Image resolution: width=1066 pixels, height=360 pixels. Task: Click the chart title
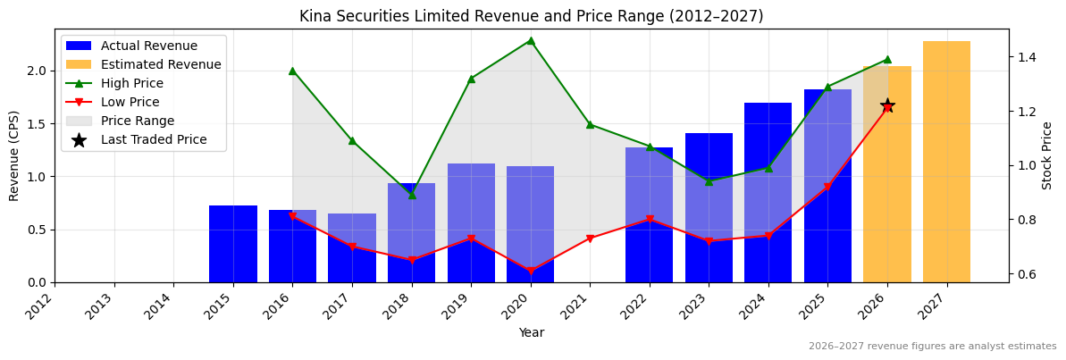click(531, 16)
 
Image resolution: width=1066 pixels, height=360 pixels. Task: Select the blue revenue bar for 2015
click(233, 244)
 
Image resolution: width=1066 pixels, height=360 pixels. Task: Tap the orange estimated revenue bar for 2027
click(946, 162)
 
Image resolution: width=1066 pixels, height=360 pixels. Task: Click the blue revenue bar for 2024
click(768, 192)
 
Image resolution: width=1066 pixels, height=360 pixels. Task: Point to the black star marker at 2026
click(887, 106)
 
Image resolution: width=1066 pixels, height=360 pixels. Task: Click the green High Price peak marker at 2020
click(531, 40)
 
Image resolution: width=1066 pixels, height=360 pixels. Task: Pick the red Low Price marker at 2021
click(590, 239)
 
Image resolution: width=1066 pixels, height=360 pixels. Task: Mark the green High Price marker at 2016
click(292, 71)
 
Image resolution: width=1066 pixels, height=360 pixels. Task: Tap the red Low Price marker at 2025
click(827, 187)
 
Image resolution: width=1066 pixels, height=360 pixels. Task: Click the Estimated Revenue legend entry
click(161, 64)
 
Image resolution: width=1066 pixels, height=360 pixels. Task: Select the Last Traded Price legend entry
click(154, 139)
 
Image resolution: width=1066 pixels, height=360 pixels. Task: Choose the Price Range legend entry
click(138, 121)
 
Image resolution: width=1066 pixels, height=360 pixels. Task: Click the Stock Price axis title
click(1047, 155)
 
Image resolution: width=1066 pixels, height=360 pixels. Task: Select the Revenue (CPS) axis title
click(14, 155)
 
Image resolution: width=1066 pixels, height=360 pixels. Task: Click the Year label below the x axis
click(531, 332)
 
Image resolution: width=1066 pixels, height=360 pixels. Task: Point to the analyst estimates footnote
click(932, 347)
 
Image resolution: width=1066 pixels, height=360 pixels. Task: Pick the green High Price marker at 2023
click(709, 181)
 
